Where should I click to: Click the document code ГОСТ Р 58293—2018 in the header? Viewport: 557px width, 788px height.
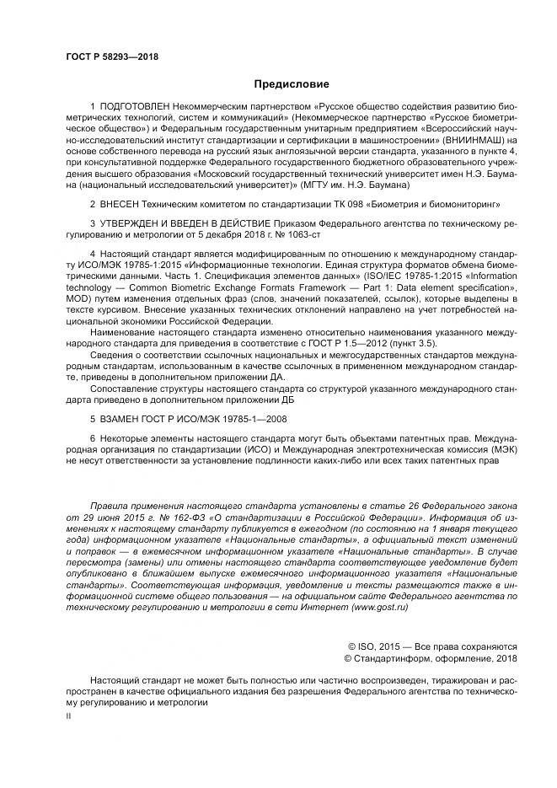[x=111, y=57]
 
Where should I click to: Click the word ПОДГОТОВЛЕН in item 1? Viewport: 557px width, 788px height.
[x=136, y=109]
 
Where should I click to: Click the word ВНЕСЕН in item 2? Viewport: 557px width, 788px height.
[x=124, y=204]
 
